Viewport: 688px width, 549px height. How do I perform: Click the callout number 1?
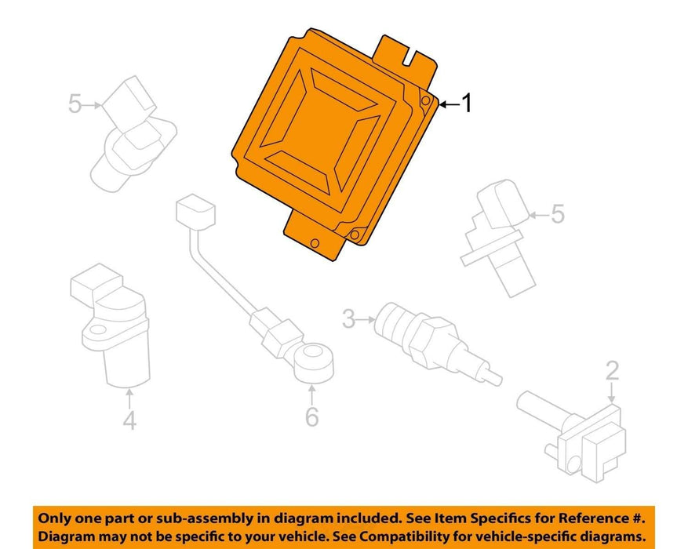(x=468, y=104)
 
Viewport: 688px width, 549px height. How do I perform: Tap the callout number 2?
(x=612, y=371)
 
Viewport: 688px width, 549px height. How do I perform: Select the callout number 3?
(x=348, y=318)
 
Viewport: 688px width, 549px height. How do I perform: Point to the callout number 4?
(x=129, y=420)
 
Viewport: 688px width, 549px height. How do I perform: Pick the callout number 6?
(x=311, y=416)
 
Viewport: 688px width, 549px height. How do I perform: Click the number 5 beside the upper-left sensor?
(x=75, y=104)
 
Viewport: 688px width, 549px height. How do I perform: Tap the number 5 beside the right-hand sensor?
(x=557, y=214)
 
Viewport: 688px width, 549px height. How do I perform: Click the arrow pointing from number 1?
(x=450, y=104)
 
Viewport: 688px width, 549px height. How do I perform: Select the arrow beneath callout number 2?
(x=612, y=392)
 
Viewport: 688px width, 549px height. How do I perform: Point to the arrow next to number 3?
(x=366, y=320)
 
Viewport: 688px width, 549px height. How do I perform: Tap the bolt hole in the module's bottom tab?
(x=314, y=243)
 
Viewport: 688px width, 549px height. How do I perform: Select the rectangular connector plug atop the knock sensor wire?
(x=195, y=213)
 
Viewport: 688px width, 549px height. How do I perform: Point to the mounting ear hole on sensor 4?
(x=97, y=329)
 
